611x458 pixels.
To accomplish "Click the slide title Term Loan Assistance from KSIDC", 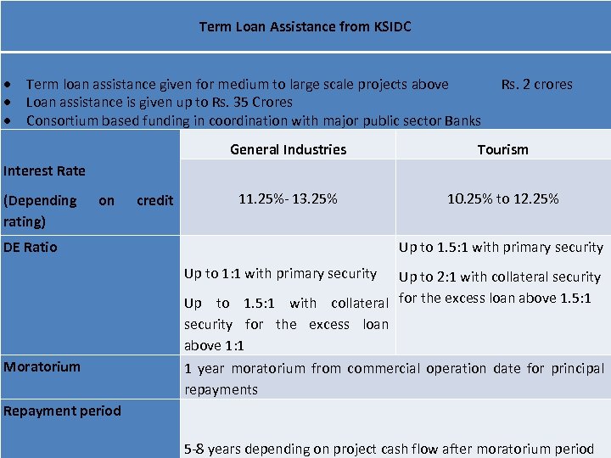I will click(305, 27).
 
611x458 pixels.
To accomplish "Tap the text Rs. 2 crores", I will click(536, 84).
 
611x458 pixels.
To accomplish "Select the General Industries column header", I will click(288, 149).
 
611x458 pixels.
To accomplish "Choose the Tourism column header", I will click(502, 149).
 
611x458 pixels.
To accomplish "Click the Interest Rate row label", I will click(44, 170).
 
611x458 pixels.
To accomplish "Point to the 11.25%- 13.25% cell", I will click(288, 198).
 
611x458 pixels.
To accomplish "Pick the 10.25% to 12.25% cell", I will click(502, 198).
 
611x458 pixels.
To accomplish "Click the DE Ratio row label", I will click(31, 247).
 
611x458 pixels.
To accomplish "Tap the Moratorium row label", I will click(42, 366).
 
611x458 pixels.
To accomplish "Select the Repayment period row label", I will click(62, 411).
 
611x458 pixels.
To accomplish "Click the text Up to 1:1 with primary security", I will click(280, 273).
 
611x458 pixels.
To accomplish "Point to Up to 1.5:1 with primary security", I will click(501, 247).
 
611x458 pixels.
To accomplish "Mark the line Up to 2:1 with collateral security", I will click(499, 276).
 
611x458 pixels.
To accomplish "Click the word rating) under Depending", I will click(25, 221).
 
